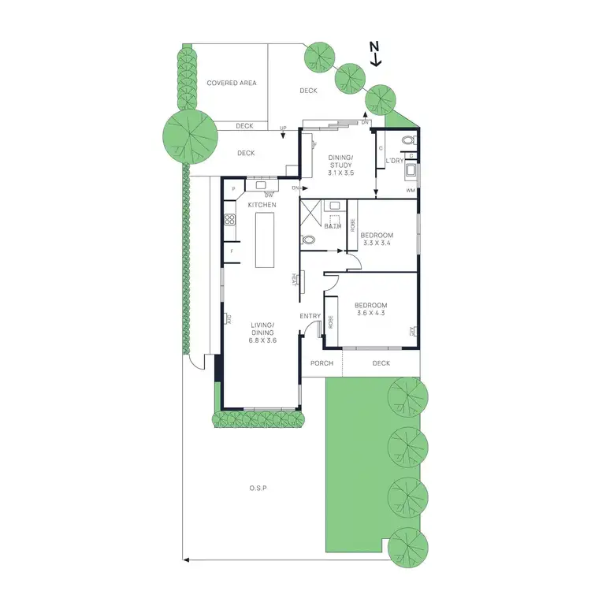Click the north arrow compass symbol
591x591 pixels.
coord(376,54)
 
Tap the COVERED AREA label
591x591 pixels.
coord(232,83)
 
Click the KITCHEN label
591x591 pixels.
coord(262,205)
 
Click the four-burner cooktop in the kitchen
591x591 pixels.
coord(229,221)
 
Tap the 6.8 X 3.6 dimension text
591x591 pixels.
coord(262,340)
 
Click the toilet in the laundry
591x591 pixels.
coord(407,141)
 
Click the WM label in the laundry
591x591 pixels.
coord(410,191)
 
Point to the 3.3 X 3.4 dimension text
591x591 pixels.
coord(376,243)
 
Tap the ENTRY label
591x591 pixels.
coord(310,316)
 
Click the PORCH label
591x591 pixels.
coord(322,363)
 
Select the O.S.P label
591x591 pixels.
coord(258,489)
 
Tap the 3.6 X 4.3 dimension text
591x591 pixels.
coord(370,313)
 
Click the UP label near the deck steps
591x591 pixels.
coord(283,128)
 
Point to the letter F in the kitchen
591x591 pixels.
coord(232,251)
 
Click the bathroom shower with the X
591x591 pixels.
coord(310,213)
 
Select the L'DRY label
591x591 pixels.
coord(394,162)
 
